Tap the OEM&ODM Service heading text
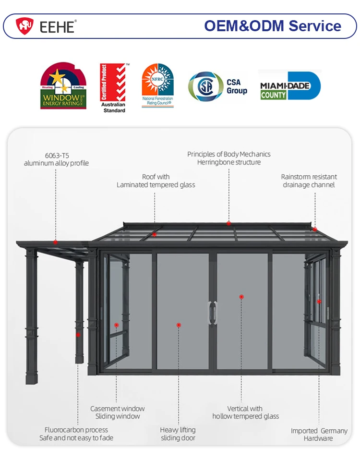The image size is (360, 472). (273, 26)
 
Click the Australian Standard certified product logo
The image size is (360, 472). (114, 88)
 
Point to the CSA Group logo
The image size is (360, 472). (217, 86)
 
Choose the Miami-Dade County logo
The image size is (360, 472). (289, 86)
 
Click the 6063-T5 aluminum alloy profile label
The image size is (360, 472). (57, 159)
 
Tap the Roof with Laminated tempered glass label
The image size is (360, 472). (156, 181)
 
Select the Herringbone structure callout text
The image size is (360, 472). (229, 158)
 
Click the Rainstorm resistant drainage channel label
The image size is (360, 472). (309, 181)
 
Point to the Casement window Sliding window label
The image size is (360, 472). (117, 412)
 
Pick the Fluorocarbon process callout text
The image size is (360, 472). (76, 434)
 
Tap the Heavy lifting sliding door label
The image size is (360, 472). (178, 434)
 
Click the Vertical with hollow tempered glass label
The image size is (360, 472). (245, 412)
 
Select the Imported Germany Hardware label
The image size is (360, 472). (319, 435)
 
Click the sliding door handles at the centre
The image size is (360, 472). (212, 313)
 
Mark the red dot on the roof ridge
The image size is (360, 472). (228, 223)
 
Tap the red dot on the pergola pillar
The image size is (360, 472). (78, 335)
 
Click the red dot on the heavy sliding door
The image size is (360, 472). (179, 325)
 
